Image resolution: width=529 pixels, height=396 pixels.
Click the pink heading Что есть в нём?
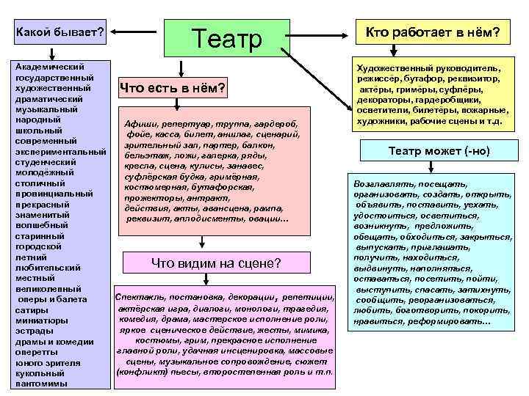(174, 89)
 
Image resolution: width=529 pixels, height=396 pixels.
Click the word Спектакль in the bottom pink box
(139, 298)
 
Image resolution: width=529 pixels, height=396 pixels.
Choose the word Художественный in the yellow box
(389, 66)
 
